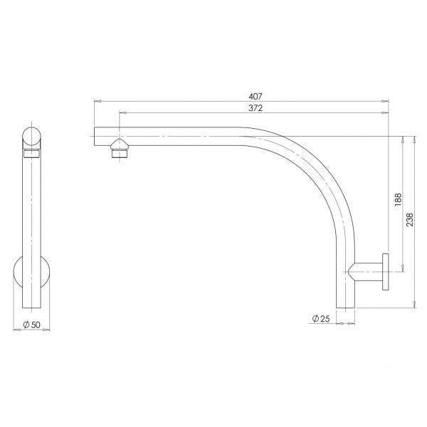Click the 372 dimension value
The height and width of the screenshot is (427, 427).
pyautogui.click(x=255, y=107)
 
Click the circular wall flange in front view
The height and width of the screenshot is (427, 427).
pyautogui.click(x=32, y=275)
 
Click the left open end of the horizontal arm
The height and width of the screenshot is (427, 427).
pyautogui.click(x=96, y=135)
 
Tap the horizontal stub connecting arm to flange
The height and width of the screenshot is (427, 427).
pyautogui.click(x=367, y=271)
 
